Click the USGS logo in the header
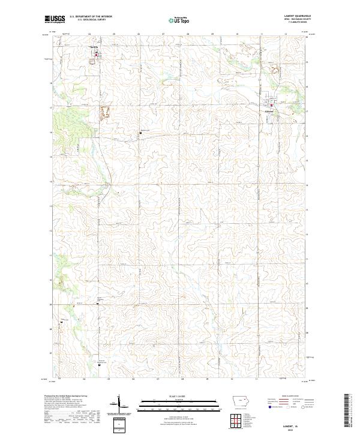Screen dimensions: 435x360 55,20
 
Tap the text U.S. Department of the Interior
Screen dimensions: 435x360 91,17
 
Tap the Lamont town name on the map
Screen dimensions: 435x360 270,111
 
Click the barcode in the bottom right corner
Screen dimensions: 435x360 350,413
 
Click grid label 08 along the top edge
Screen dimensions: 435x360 188,34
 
